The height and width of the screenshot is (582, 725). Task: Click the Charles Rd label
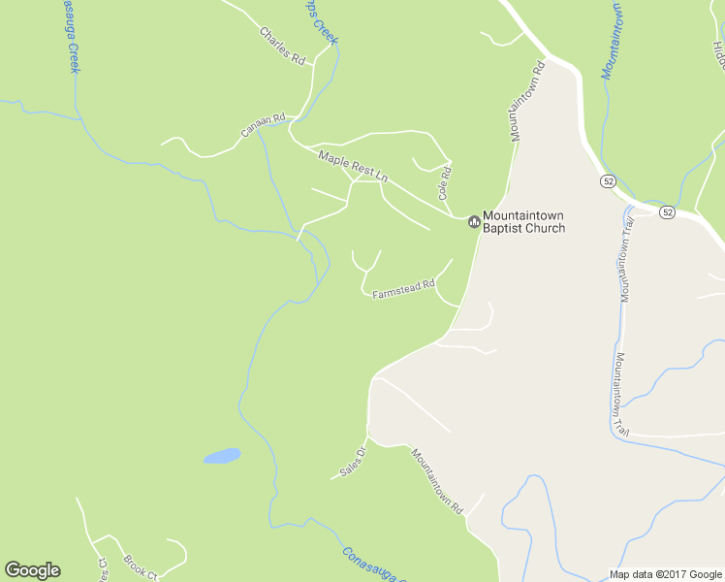282,46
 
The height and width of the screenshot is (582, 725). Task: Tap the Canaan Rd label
264,126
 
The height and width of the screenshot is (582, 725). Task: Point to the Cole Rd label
446,182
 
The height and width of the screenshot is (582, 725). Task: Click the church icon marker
474,222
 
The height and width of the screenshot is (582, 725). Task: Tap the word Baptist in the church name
504,229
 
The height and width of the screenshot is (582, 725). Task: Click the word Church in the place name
546,229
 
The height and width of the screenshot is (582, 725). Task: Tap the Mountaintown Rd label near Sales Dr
438,481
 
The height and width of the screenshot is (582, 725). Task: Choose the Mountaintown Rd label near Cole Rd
527,101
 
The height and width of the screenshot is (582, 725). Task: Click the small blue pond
221,455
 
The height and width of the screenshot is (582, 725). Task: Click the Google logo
32,570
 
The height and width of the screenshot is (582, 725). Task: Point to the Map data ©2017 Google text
665,574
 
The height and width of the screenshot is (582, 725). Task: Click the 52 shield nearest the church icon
608,181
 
